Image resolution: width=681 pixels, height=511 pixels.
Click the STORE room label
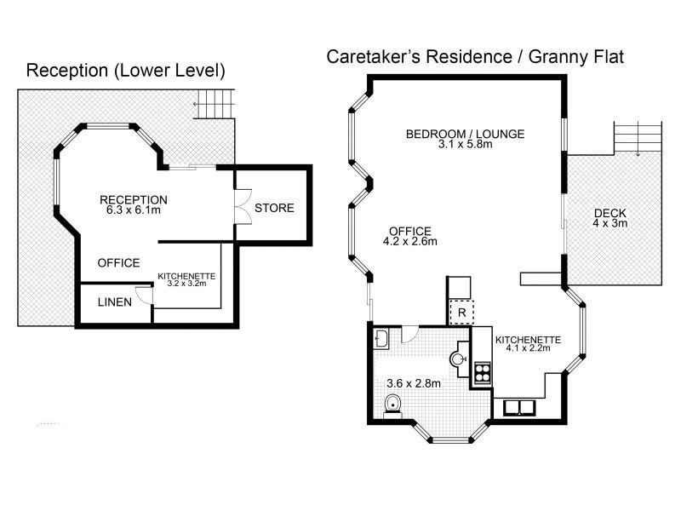(x=274, y=208)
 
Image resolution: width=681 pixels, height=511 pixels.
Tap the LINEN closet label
(x=114, y=301)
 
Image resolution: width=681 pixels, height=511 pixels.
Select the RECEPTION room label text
(x=132, y=199)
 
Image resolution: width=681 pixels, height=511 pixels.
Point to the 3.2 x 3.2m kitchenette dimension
(x=186, y=285)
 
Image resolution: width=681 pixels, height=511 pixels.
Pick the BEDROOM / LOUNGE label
(x=464, y=134)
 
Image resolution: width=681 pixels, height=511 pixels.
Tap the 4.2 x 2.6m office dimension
(x=410, y=241)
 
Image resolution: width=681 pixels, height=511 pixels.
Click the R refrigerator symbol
(x=461, y=313)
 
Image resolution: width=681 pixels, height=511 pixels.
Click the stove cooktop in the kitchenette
(x=483, y=371)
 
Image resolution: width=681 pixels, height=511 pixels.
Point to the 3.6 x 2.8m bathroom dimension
(x=413, y=382)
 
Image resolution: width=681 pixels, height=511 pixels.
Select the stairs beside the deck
(x=637, y=135)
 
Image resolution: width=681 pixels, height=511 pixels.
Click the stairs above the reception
(x=215, y=104)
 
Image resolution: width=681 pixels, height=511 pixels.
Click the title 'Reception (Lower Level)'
(x=126, y=70)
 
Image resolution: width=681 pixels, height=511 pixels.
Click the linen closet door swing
(x=145, y=295)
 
